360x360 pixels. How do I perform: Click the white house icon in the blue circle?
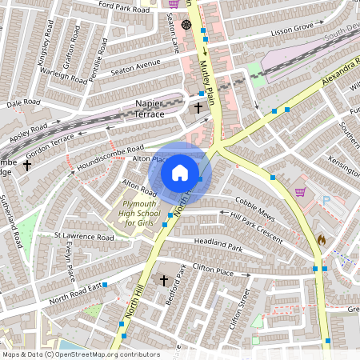click(180, 172)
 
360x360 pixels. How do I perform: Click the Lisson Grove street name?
click(292, 30)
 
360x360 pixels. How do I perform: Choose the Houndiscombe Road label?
click(110, 156)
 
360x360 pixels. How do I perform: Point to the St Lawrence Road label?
click(84, 237)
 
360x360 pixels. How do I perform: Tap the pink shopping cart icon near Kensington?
click(300, 191)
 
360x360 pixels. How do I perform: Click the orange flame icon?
click(322, 238)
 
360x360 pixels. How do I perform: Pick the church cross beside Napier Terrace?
click(198, 106)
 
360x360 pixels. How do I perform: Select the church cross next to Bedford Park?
click(164, 280)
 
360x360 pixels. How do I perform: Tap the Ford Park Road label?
click(123, 8)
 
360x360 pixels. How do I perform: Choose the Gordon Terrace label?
click(50, 142)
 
